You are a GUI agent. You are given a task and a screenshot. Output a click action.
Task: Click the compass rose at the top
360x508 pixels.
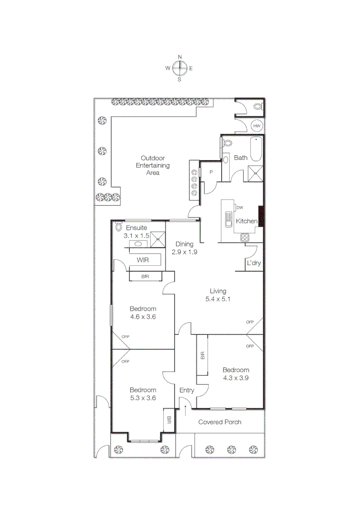[x=179, y=68]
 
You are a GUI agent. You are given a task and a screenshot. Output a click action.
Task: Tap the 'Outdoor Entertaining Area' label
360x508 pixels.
[x=153, y=165]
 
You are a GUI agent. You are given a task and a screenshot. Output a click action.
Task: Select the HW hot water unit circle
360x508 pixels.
[x=256, y=126]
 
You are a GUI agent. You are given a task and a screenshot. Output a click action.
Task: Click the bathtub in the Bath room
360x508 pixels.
[x=256, y=149]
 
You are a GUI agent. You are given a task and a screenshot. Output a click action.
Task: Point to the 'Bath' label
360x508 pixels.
[x=240, y=158]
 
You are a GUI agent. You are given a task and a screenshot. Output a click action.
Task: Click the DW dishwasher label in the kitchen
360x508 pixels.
[x=240, y=207]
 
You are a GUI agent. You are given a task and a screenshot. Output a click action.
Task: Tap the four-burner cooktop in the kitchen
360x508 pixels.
[x=244, y=238]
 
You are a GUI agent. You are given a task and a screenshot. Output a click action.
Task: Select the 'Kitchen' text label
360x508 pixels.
[x=247, y=221]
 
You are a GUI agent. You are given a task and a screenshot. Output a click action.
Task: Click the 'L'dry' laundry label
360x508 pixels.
[x=254, y=263]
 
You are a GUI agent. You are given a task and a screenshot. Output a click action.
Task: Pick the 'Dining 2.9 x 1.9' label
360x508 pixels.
[x=184, y=248]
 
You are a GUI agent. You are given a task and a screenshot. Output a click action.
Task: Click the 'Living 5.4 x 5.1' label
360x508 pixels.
[x=218, y=294]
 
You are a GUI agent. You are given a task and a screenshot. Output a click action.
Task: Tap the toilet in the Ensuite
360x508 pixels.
[x=118, y=227]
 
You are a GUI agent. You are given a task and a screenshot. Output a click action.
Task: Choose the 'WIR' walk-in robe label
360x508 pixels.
[x=143, y=260]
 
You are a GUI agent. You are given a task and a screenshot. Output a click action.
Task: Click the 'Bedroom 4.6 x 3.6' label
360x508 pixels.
[x=143, y=312]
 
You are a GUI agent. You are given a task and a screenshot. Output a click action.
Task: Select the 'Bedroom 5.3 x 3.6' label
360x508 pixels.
[x=143, y=394]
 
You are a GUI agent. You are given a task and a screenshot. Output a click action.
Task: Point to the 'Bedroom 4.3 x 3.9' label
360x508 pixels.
[x=236, y=373]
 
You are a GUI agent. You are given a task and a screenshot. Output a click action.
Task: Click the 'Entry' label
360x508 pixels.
[x=187, y=390]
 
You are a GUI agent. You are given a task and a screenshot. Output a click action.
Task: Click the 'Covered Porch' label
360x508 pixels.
[x=220, y=422]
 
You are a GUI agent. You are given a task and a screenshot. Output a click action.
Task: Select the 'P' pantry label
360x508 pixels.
[x=211, y=172]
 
